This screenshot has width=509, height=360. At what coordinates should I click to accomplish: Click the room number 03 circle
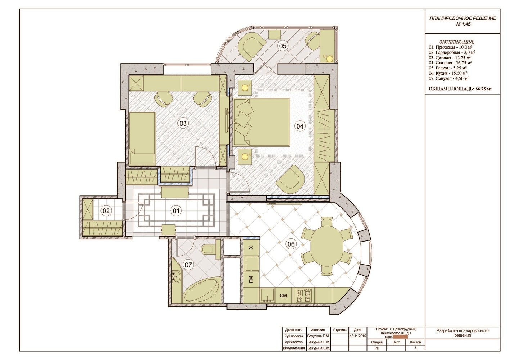pos(183,123)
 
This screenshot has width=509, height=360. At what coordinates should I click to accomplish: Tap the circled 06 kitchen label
pos(291,244)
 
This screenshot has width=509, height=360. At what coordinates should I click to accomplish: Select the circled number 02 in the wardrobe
pos(106,211)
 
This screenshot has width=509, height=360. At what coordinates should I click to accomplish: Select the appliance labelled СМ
pos(283,296)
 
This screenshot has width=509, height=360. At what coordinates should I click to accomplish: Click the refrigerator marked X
pos(251,248)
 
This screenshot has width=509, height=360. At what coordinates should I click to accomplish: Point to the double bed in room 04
pos(262,122)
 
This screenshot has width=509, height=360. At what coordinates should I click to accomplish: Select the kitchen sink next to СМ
pos(267,296)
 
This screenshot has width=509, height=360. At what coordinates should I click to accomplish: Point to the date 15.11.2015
pos(358,336)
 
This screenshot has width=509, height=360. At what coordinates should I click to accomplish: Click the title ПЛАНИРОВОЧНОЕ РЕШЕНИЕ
pos(463,19)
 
